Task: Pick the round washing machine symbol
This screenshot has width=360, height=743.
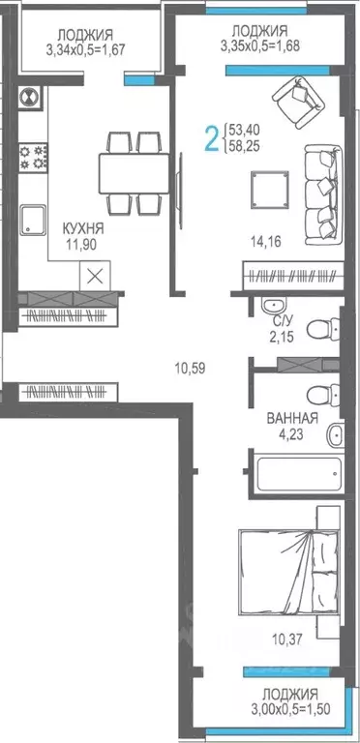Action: pos(28,97)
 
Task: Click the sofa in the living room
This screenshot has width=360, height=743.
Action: pos(321,189)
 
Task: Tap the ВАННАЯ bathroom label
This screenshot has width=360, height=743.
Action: pos(292,419)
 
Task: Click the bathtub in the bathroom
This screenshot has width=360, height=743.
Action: pos(296,474)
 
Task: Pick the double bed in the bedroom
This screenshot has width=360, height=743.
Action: pos(288,571)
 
